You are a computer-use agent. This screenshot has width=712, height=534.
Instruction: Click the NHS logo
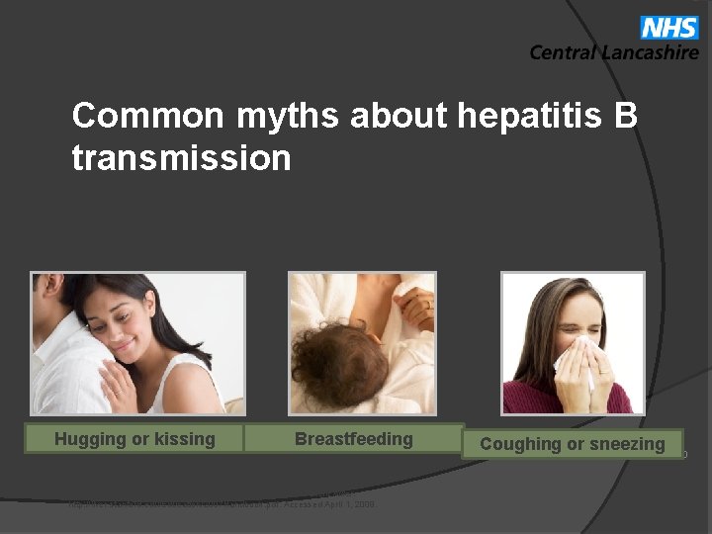[669, 27]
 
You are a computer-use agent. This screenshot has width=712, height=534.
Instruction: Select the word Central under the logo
[563, 52]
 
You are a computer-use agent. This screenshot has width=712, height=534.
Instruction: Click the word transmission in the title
[182, 157]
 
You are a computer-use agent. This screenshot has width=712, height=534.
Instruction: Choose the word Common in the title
[148, 117]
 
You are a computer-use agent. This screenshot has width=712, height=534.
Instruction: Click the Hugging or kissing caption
[134, 439]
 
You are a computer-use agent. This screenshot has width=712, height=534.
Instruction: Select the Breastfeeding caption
[354, 439]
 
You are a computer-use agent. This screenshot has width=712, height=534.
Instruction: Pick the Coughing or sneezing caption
[573, 444]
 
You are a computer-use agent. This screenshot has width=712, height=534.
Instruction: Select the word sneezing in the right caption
[627, 444]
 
